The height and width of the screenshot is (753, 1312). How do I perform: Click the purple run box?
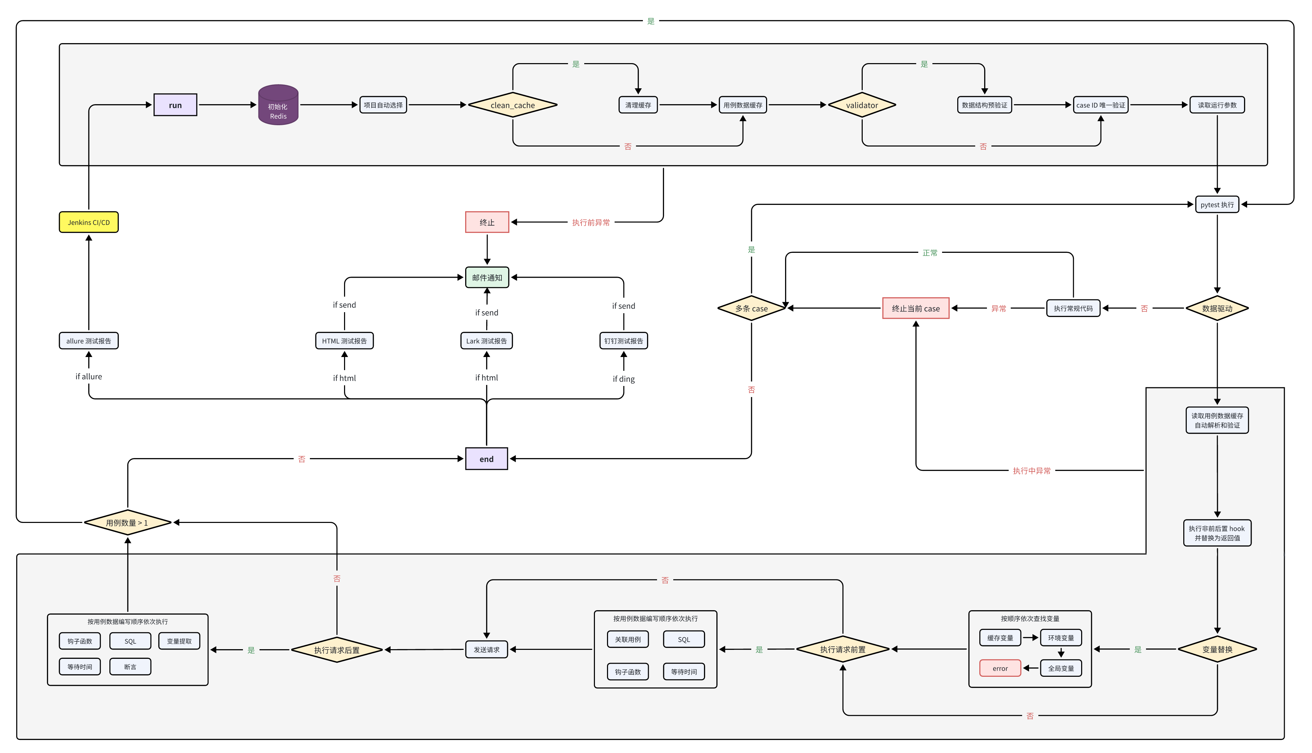(x=175, y=105)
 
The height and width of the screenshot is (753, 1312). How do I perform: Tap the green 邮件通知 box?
(x=487, y=278)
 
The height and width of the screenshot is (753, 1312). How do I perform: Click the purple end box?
(x=486, y=459)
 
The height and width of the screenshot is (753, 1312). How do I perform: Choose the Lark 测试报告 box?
(x=486, y=341)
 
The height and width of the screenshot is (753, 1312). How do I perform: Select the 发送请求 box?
(x=486, y=650)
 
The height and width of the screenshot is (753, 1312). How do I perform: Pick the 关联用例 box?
(x=628, y=639)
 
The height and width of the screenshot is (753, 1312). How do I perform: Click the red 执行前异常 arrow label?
(x=590, y=222)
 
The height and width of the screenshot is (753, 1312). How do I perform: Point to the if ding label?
(x=624, y=379)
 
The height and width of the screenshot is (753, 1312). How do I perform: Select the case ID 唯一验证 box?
(x=1100, y=105)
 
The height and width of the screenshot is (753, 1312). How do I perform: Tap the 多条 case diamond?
(x=751, y=308)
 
